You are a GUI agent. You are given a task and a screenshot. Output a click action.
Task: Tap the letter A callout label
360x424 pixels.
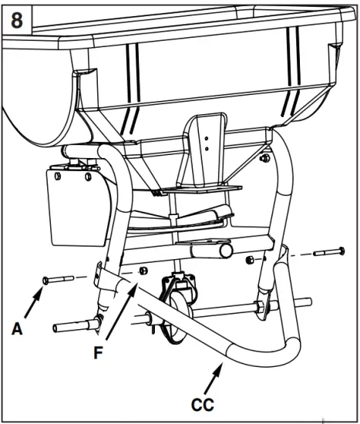click(17, 328)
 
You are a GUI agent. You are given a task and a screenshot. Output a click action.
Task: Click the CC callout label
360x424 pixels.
click(204, 402)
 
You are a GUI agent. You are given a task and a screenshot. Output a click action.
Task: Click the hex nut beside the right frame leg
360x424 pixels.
click(251, 260)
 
